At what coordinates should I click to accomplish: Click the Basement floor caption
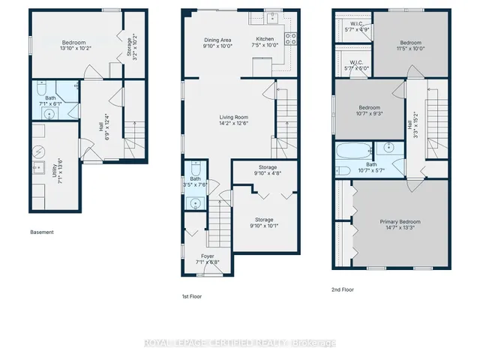(x=42, y=232)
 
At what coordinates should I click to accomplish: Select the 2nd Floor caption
(x=343, y=289)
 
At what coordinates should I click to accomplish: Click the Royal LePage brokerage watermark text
(x=239, y=344)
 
